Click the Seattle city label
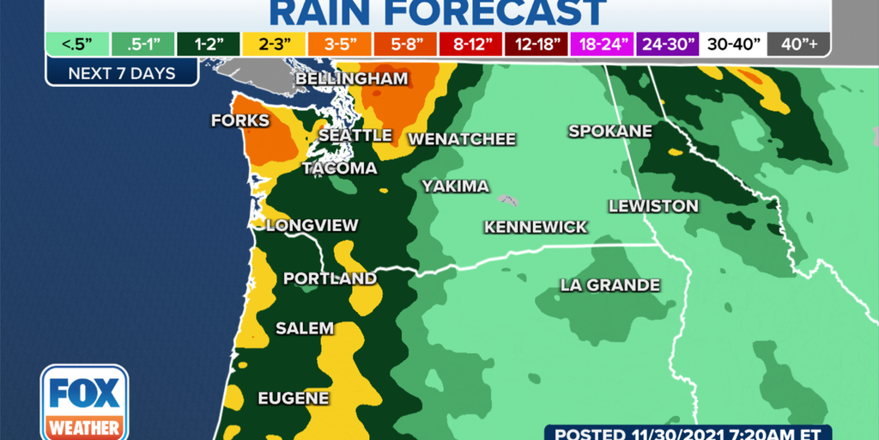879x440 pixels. pos(355,136)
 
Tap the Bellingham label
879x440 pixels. pos(351,80)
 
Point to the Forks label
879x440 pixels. pos(240,121)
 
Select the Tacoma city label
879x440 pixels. pos(339,168)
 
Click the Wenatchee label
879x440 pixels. pos(462,139)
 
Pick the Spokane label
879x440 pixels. pos(609,131)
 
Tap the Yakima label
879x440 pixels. pos(455,186)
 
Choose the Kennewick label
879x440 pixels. pos(536,227)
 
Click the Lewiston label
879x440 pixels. pos(653,206)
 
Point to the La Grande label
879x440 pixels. pos(609,285)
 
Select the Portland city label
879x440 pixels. pos(330,278)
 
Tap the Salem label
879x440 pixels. pos(304,328)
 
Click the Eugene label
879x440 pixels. pos(294,398)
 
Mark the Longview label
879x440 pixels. pos(312,226)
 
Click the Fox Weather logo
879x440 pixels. pos(84,403)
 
